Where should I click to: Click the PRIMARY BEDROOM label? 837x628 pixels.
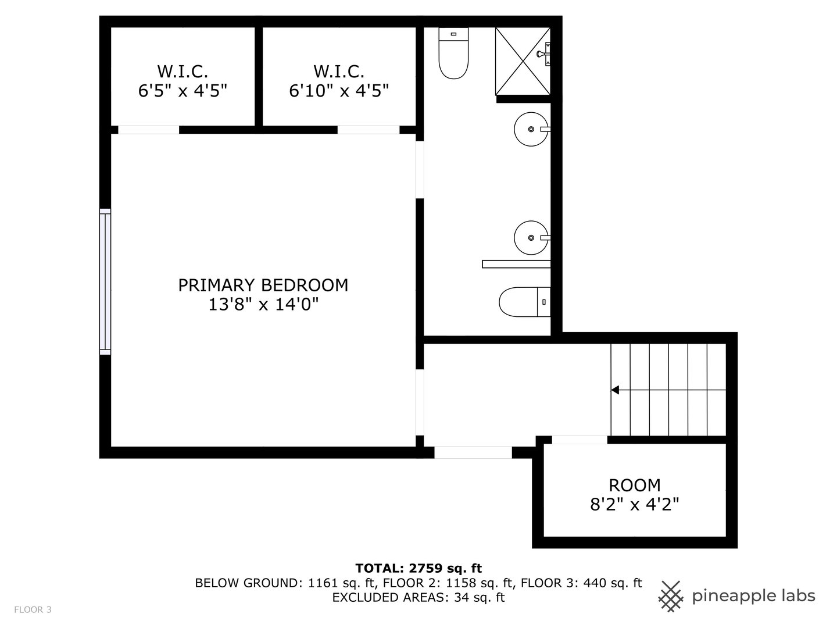pos(263,285)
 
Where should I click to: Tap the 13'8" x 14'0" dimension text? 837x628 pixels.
pos(263,304)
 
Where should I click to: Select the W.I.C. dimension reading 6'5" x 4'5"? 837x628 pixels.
pos(182,91)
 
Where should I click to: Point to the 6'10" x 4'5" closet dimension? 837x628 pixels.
pos(339,91)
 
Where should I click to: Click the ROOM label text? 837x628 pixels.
pos(634,484)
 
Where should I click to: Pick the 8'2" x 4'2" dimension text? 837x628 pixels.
pos(634,504)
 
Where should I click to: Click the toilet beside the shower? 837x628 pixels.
pos(453,53)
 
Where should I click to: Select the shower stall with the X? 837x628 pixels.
pos(523,60)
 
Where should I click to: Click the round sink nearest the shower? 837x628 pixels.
pos(530,129)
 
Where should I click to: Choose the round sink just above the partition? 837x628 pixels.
pos(530,237)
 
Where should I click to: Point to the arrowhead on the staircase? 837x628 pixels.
pos(615,390)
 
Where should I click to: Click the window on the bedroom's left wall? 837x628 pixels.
pos(105,281)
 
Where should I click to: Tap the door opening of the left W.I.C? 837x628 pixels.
pos(148,130)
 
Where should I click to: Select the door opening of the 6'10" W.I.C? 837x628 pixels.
pos(368,130)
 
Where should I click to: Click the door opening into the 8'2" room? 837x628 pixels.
pos(579,440)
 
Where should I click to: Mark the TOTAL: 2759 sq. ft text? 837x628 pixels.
pos(418,568)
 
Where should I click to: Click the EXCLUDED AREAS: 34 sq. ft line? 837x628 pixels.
pos(418,597)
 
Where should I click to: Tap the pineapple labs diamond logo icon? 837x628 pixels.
pos(671,596)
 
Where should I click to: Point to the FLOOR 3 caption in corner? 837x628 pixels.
pos(33,609)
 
